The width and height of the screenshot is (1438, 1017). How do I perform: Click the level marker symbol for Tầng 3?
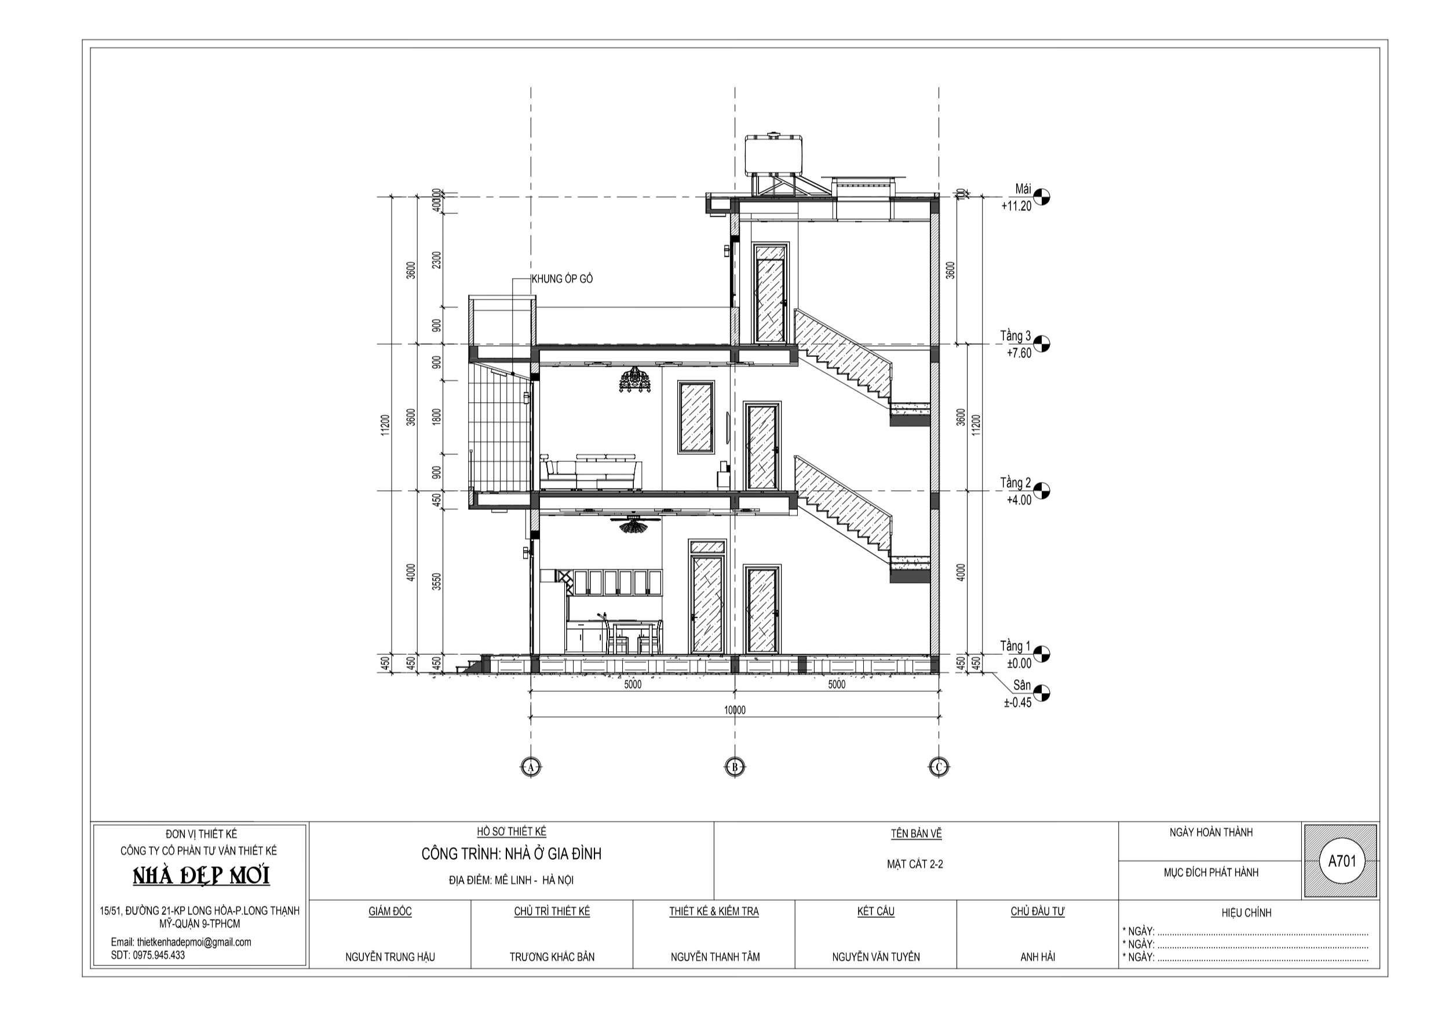tap(1042, 344)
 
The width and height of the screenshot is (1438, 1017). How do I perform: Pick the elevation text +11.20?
tap(1016, 206)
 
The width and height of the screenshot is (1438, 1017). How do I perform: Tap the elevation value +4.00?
tap(1019, 500)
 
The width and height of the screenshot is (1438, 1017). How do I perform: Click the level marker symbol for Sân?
tap(1042, 693)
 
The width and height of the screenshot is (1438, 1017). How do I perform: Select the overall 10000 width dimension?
tap(735, 710)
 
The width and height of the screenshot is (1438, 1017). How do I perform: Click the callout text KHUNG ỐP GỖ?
tap(562, 279)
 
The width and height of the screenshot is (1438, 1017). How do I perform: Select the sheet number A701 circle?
tap(1340, 861)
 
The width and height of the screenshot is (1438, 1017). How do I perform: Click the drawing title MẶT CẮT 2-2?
tap(914, 864)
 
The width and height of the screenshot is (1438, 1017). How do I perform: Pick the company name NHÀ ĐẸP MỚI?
tap(201, 877)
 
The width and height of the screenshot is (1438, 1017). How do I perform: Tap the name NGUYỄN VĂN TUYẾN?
tap(875, 957)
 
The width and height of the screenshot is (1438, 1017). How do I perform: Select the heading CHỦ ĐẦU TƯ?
tap(1037, 912)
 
